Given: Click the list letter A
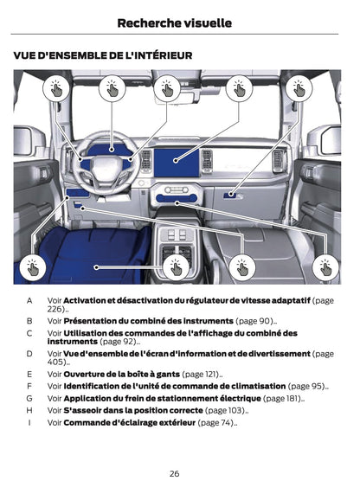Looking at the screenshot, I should tap(29, 300).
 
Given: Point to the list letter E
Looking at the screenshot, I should tap(29, 374).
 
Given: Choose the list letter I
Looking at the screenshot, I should tap(29, 422).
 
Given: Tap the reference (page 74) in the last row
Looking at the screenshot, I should tap(215, 422).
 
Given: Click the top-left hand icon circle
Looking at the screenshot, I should tap(55, 87).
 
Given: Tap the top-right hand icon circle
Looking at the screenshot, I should tap(299, 87).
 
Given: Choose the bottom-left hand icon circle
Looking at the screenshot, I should tap(32, 267).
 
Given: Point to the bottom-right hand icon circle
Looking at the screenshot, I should tap(325, 267).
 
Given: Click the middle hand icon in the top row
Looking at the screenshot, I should tap(167, 87).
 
